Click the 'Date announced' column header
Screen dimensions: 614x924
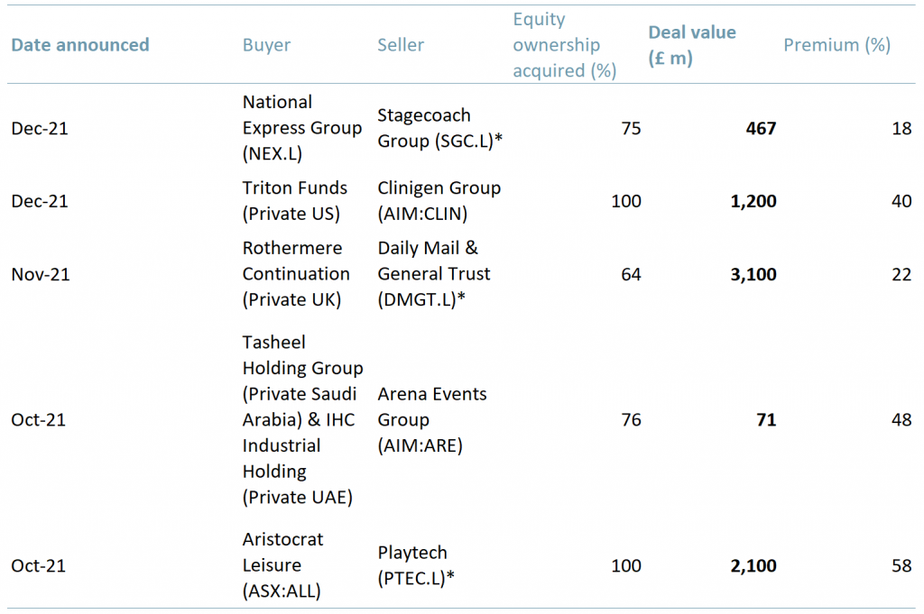click(80, 45)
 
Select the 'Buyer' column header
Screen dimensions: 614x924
click(266, 45)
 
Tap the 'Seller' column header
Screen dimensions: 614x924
click(401, 45)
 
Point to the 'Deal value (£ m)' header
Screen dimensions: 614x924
click(692, 45)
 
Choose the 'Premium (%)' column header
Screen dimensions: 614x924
click(836, 45)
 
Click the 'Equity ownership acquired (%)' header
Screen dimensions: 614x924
click(564, 45)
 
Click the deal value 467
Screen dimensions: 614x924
click(761, 129)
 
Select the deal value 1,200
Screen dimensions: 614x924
click(753, 201)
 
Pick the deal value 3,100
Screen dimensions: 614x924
click(753, 274)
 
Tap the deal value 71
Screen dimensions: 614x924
click(766, 420)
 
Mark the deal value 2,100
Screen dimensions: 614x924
click(753, 566)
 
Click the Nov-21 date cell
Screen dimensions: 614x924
click(40, 274)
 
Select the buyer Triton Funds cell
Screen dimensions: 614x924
click(294, 201)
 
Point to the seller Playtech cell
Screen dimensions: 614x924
click(415, 566)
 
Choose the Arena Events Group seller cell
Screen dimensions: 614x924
click(432, 420)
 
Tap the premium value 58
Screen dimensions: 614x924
click(901, 566)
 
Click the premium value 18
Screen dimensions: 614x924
click(901, 129)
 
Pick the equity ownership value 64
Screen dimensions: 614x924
click(631, 274)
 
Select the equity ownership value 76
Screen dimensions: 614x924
click(631, 420)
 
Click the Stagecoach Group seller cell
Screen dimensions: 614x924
click(439, 129)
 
